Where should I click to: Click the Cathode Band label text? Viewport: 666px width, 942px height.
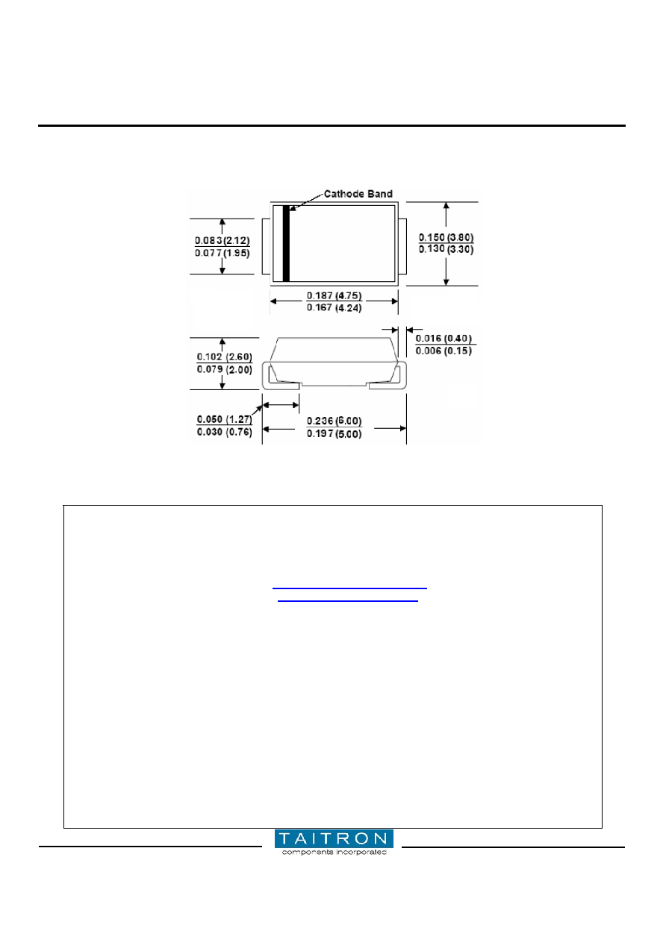pos(358,194)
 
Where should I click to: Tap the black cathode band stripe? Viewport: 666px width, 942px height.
pos(286,243)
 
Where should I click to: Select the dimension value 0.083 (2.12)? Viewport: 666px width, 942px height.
pos(222,241)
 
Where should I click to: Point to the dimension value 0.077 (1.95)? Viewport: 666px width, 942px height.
pos(222,253)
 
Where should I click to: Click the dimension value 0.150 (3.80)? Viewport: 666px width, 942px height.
pos(446,237)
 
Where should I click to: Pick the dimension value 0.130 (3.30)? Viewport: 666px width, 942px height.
pos(446,249)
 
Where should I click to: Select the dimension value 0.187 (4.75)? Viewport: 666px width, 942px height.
pos(334,295)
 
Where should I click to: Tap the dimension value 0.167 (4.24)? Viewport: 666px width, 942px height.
pos(334,308)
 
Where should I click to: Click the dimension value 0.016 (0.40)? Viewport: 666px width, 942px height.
pos(444,339)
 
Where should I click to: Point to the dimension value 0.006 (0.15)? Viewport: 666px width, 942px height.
pos(444,351)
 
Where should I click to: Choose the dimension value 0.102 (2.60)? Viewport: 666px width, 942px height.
pos(225,357)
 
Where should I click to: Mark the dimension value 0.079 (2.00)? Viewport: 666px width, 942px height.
pos(225,370)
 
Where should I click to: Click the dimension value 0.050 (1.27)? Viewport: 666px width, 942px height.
pos(225,419)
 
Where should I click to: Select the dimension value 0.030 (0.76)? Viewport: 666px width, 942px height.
pos(225,432)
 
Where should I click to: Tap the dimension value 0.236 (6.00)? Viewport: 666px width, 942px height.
pos(334,421)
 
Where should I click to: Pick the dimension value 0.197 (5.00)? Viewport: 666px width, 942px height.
pos(334,433)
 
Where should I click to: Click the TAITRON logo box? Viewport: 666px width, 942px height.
pos(334,838)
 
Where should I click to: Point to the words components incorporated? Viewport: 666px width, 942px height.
pos(334,852)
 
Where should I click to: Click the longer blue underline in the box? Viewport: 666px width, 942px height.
pos(350,588)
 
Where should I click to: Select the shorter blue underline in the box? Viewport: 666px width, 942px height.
pos(348,601)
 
